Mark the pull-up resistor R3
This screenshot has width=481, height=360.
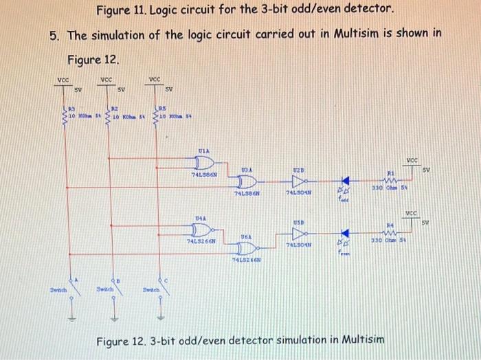tap(66, 116)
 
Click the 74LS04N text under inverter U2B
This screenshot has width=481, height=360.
tap(298, 194)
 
